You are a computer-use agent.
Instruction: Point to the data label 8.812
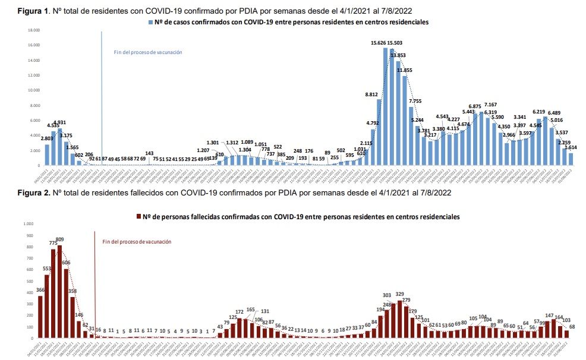(x=371, y=94)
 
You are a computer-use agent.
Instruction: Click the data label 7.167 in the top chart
(x=490, y=105)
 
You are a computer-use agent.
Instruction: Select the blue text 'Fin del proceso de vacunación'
(x=148, y=52)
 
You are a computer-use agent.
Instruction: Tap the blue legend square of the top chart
(x=150, y=22)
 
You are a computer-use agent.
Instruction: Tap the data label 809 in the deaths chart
(x=59, y=239)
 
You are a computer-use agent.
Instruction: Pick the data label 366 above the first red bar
(x=40, y=290)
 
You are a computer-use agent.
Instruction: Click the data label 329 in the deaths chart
(x=400, y=294)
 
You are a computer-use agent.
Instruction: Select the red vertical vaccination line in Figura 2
(x=95, y=279)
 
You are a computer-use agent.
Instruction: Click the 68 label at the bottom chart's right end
(x=572, y=327)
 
